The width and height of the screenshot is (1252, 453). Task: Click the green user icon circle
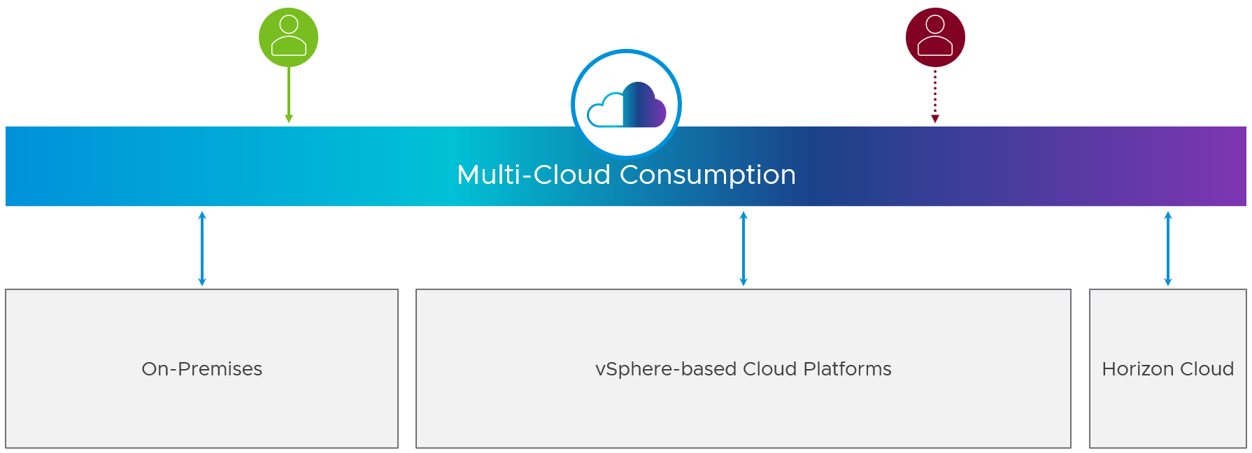point(288,38)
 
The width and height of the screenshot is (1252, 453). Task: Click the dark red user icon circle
point(935,38)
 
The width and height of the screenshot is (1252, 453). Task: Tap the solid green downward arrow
point(289,94)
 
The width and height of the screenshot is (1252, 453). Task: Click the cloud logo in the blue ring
point(627,105)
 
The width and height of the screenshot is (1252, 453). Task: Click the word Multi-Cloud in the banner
point(534,175)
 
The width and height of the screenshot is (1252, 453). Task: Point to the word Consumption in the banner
point(708,175)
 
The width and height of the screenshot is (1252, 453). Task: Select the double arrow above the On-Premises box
point(202,248)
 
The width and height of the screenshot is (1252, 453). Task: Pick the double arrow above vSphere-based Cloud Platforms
point(744,248)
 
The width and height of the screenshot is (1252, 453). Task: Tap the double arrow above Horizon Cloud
point(1168,248)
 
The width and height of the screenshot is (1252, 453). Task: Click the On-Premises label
point(202,369)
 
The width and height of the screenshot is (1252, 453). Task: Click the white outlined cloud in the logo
point(604,112)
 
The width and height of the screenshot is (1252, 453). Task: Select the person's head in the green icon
point(289,24)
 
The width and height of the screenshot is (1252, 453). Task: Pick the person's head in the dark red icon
point(935,24)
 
